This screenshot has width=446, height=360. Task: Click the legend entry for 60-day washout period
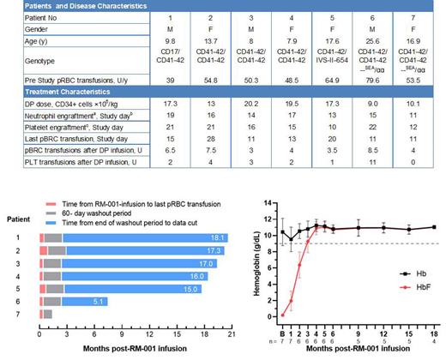tap(88, 209)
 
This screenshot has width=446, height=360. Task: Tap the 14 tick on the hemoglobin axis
tap(271, 203)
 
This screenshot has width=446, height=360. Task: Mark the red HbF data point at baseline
tap(282, 313)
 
